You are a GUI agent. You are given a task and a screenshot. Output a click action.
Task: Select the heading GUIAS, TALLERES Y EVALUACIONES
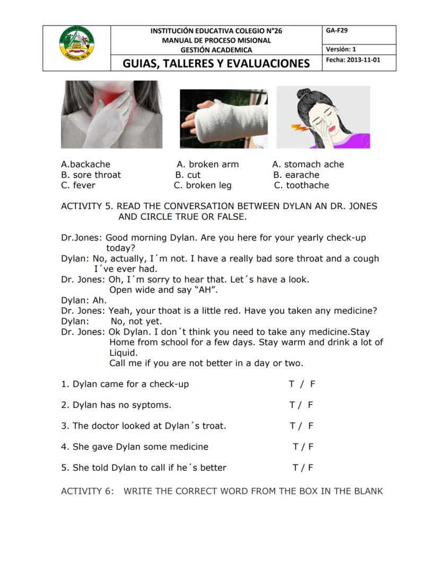pos(216,64)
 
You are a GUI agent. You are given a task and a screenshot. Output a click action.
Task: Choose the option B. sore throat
pos(91,175)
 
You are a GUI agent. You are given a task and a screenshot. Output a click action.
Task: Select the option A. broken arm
pos(207,164)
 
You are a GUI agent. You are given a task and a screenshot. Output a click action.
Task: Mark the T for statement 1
pos(292,384)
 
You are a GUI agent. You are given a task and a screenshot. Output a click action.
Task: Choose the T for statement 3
pos(292,426)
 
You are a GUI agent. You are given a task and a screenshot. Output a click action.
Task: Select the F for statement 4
pos(311,447)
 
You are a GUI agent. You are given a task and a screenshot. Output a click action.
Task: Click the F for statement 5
pos(311,468)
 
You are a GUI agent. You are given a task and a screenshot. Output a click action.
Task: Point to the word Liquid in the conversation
pos(124,353)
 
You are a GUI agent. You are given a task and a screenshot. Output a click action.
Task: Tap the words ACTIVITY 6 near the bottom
pos(87,491)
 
